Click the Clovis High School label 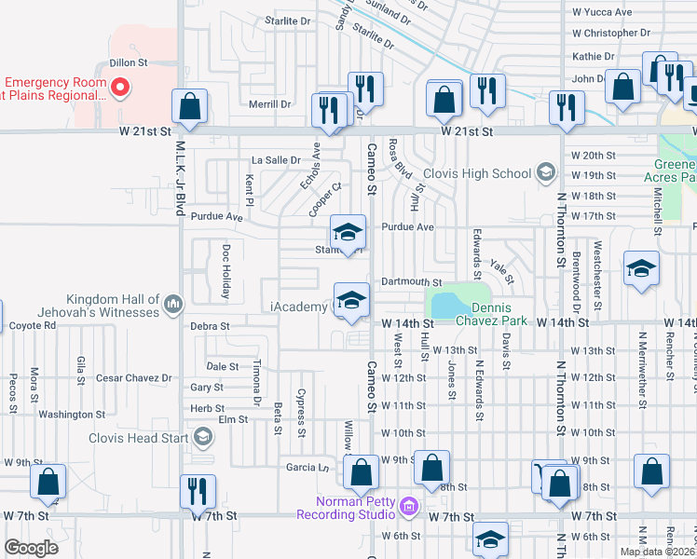tap(476, 173)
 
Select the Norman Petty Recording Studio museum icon tap(408, 508)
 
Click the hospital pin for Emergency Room tap(119, 89)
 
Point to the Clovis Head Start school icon tap(202, 438)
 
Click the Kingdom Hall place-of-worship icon tap(173, 304)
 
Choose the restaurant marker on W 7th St tap(198, 492)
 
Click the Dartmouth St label tap(410, 282)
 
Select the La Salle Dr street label tap(269, 160)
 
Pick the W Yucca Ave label tap(601, 12)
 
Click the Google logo tap(31, 548)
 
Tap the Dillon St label tap(130, 62)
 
